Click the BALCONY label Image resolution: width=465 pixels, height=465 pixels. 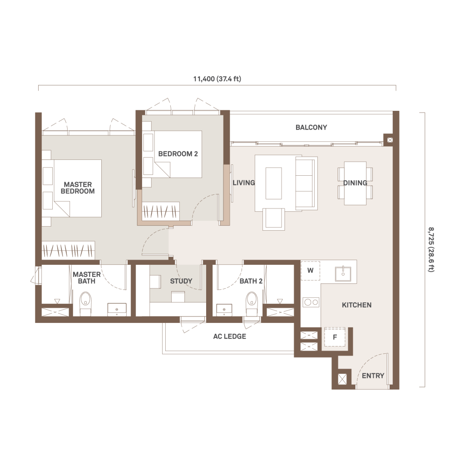pos(311,127)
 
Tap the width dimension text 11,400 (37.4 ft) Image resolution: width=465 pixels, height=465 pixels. pos(217,79)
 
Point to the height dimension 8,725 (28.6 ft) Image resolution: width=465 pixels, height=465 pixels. pos(431,249)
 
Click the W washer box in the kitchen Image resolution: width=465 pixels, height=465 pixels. pos(311,271)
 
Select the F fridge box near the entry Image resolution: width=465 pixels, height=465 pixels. pos(335,337)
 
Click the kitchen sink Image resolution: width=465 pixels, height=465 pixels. pos(343,273)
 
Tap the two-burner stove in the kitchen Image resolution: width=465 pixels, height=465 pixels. pos(311,302)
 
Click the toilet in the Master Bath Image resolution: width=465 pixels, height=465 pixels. pos(85,303)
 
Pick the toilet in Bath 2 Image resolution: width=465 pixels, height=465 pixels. pos(252,303)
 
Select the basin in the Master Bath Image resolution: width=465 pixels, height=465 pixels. pos(117,309)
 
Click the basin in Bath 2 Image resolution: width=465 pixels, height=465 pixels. pos(224,310)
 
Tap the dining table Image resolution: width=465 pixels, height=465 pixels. pos(355,183)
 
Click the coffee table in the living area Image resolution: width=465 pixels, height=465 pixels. pos(273,183)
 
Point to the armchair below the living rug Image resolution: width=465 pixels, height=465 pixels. pos(273,219)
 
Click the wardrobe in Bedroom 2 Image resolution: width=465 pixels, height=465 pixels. pos(161,211)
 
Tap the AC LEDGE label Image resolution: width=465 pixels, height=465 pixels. pos(229,336)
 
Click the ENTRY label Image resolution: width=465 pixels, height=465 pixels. pos(373,376)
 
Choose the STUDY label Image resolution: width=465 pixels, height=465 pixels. pos(181,281)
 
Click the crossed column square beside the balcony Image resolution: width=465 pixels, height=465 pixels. pos(390,140)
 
